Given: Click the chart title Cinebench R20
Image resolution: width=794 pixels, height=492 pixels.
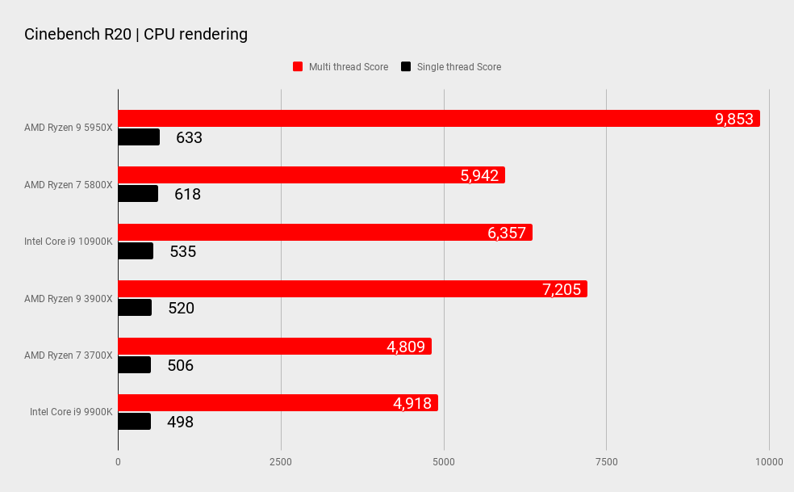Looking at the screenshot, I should [x=136, y=34].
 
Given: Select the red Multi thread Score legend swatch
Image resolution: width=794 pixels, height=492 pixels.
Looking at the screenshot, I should [x=298, y=67].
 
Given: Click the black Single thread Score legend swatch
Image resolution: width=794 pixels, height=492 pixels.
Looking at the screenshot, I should [x=406, y=67].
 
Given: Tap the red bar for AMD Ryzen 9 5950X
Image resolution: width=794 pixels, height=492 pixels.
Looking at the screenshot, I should [x=436, y=119].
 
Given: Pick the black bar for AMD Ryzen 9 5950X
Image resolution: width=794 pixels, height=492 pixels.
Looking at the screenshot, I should [x=139, y=137].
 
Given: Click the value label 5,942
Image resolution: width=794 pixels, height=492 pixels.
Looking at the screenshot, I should [x=479, y=175].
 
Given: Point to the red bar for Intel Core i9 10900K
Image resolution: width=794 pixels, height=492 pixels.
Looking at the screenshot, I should [x=323, y=233].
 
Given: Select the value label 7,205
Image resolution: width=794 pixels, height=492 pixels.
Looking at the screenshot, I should [x=562, y=289].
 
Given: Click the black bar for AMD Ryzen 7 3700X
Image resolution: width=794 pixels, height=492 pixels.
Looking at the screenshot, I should [x=135, y=365].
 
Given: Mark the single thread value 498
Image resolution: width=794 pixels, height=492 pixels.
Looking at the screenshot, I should [x=180, y=422].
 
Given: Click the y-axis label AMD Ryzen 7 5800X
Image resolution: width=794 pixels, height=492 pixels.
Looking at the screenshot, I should [x=69, y=185].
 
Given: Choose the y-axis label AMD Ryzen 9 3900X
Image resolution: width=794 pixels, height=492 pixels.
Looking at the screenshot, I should [x=69, y=299].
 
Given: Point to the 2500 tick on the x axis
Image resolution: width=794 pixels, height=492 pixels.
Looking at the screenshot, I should [x=281, y=462].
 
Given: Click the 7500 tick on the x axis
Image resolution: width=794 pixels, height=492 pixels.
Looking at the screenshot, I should [x=606, y=462].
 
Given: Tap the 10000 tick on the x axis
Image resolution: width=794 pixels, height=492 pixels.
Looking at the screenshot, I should [x=768, y=462].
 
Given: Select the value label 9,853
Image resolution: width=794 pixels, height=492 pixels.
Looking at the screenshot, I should [x=733, y=119].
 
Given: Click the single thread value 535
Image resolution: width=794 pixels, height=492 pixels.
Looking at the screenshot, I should [x=182, y=251].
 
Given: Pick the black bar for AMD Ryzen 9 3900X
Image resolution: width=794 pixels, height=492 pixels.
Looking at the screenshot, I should [x=135, y=308].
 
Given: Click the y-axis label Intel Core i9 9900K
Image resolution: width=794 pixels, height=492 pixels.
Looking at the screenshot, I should [x=71, y=412].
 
